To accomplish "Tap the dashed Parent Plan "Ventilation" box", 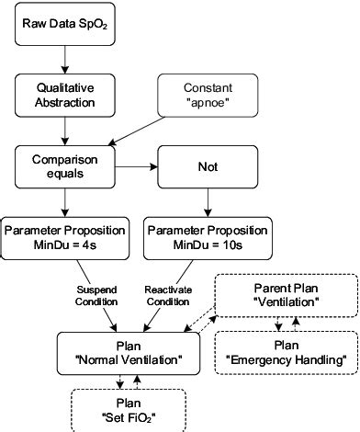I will [287, 292].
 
